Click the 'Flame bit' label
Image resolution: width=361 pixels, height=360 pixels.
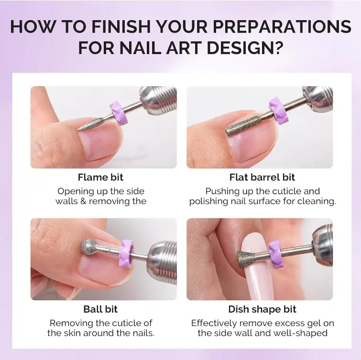[x=100, y=177]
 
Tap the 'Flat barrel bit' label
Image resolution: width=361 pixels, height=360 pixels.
[x=262, y=177]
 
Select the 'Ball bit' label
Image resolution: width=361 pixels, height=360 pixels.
[x=100, y=309]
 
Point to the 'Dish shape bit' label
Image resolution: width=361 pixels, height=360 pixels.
[x=262, y=310]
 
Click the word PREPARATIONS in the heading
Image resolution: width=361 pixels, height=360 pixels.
[x=282, y=26]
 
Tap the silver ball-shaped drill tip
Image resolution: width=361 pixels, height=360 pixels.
[x=88, y=247]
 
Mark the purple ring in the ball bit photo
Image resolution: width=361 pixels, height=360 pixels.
[x=126, y=254]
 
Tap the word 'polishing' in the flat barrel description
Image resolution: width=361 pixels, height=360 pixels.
[x=209, y=202]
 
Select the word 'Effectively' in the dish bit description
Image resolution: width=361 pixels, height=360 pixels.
[x=214, y=323]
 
